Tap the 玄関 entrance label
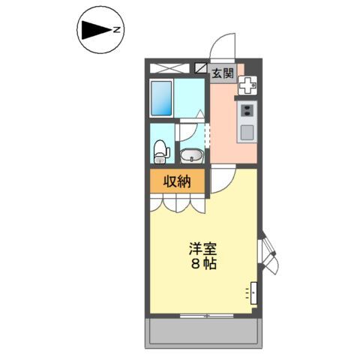pos(222,73)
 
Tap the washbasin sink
pos(191,156)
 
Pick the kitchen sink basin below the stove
pos(247,133)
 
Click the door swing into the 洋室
pos(223,180)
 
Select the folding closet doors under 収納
pos(178,202)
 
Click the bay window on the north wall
pos(269,255)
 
